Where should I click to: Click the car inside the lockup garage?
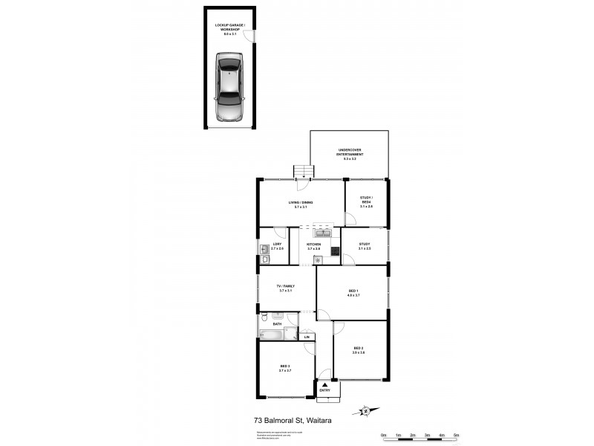pos(229,87)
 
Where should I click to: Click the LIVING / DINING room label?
pos(301,204)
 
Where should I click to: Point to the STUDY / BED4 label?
pos(365,199)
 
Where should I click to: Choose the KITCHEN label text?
pos(313,245)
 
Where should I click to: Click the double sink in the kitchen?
pos(324,233)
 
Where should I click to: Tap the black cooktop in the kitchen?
pos(335,251)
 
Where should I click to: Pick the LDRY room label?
pos(276,245)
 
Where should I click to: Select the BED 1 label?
pos(353,292)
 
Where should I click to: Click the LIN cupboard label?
pos(307,337)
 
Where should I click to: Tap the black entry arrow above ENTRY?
pos(324,384)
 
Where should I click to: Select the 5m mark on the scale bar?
pos(456,434)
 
